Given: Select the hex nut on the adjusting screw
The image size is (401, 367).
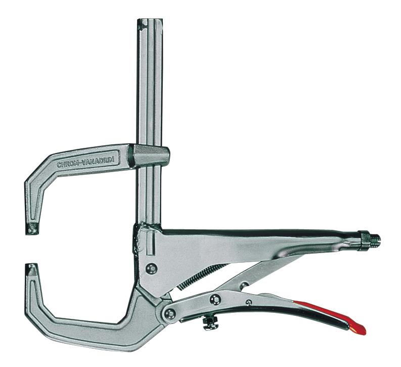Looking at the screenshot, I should (x=363, y=239).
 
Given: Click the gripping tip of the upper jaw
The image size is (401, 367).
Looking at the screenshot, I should (x=33, y=228).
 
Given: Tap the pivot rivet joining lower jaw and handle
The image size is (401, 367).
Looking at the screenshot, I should (x=170, y=313).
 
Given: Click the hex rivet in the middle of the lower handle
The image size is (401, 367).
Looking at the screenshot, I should (x=215, y=299).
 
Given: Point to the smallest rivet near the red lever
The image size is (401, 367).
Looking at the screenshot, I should (x=248, y=303).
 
